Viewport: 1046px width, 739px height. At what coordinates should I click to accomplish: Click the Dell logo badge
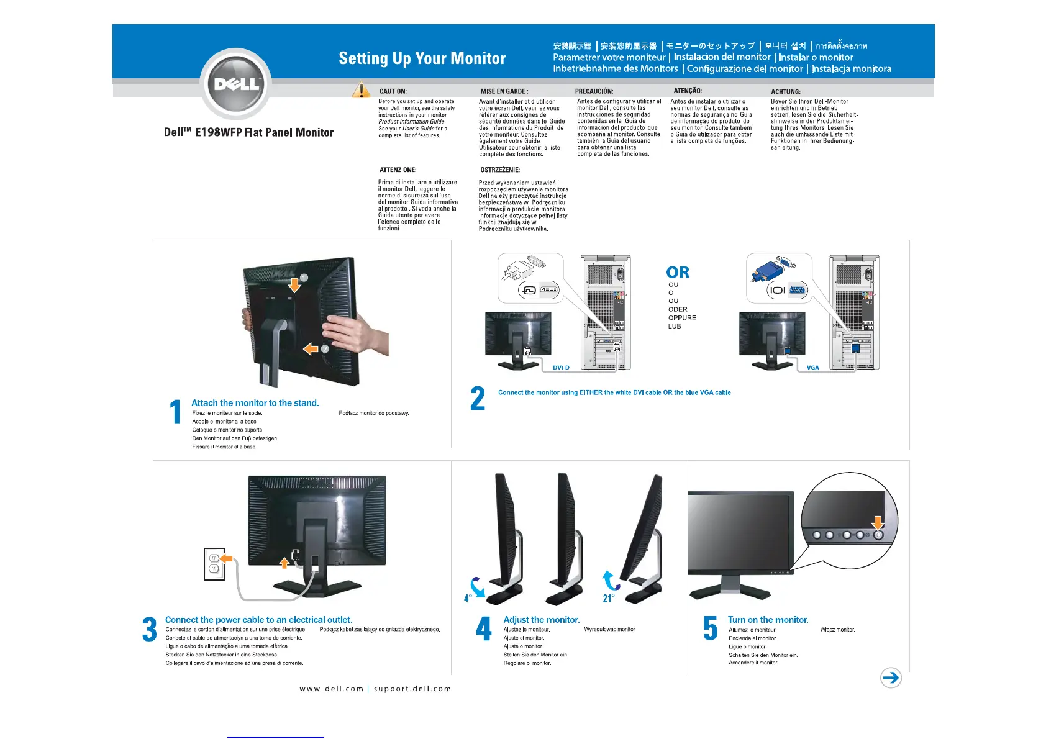coord(236,84)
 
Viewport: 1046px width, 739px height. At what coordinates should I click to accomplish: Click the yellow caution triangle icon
coord(361,91)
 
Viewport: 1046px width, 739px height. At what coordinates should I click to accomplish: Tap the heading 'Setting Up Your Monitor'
coord(422,58)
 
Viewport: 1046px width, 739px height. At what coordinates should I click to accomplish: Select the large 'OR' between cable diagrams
coord(678,273)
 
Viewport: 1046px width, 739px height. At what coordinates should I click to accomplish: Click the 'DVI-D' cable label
coord(561,368)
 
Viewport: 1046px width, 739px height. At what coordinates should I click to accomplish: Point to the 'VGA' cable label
coord(812,368)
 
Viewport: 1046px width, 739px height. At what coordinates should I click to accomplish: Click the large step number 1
coord(176,412)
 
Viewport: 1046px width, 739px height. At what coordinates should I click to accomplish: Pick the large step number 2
coord(478,399)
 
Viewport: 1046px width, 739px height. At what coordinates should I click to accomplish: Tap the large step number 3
coord(150,629)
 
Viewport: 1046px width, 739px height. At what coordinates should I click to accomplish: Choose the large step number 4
coord(484,628)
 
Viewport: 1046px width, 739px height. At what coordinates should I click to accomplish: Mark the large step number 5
coord(710,628)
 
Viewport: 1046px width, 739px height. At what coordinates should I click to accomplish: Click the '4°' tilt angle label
coord(468,598)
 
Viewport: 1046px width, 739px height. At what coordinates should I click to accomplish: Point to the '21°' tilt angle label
coord(609,598)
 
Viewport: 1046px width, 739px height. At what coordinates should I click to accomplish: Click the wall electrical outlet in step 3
coord(214,564)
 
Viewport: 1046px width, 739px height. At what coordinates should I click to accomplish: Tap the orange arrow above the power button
coord(878,522)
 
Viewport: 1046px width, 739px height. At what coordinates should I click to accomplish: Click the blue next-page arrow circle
coord(891,678)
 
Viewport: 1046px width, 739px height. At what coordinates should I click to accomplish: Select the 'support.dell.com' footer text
coord(412,689)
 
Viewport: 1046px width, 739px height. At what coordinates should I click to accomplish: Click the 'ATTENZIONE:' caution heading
coord(398,170)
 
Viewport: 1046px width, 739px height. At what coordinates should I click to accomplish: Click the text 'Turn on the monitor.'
coord(768,620)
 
